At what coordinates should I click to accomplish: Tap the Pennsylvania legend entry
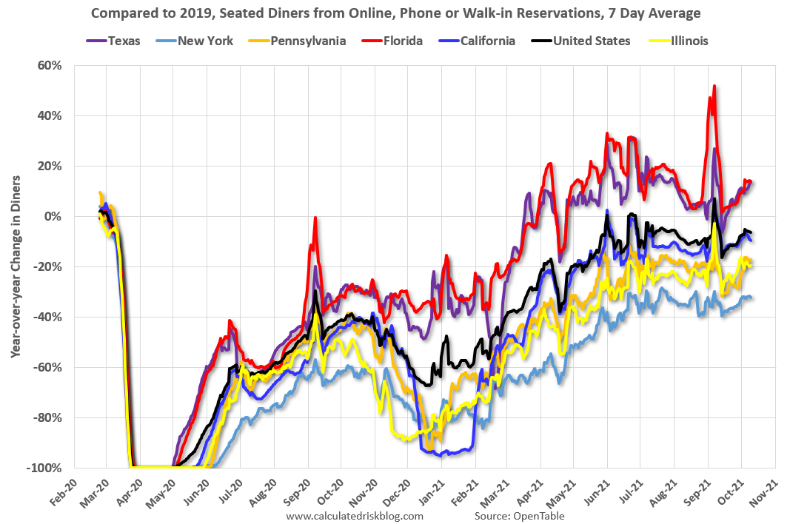[295, 41]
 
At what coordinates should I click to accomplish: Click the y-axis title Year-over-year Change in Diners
[15, 266]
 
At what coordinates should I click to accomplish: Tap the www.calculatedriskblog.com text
[355, 516]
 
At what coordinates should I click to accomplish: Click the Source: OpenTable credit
[519, 516]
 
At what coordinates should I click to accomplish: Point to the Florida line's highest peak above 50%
[714, 86]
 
